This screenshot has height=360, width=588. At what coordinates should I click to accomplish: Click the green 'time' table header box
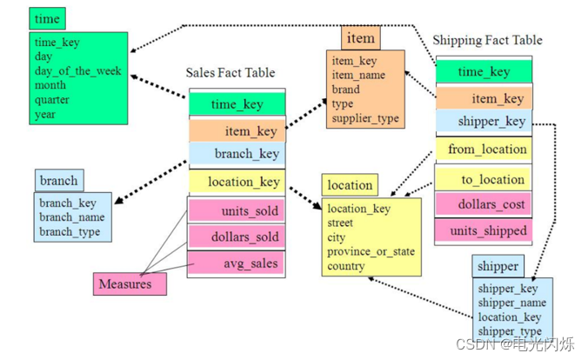47,18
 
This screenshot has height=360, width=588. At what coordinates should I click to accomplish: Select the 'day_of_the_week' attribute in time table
77,71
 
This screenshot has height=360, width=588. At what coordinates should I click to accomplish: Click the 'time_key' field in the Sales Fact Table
237,104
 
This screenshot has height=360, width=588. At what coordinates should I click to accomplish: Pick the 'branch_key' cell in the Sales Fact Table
237,154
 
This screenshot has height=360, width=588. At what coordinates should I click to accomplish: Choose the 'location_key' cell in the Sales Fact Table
237,182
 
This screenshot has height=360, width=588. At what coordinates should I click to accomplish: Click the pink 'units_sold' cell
237,211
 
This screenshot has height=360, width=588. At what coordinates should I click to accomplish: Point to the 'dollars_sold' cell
237,237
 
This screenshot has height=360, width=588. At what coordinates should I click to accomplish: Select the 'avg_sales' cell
237,262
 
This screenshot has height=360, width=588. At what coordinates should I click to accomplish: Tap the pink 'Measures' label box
124,283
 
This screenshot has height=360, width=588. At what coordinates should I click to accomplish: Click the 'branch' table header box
58,181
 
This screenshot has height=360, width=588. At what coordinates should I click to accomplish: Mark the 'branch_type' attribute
69,232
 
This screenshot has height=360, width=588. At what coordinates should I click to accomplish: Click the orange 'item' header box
360,38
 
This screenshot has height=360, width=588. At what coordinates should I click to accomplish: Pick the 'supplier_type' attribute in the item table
366,117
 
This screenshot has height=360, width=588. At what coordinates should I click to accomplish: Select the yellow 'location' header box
349,184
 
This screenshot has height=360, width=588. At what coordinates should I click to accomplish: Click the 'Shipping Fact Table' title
487,40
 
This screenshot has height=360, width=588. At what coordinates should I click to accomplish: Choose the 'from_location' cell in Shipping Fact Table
486,150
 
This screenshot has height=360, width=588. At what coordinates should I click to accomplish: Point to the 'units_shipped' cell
486,230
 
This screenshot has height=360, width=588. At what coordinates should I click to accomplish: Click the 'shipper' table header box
498,266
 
